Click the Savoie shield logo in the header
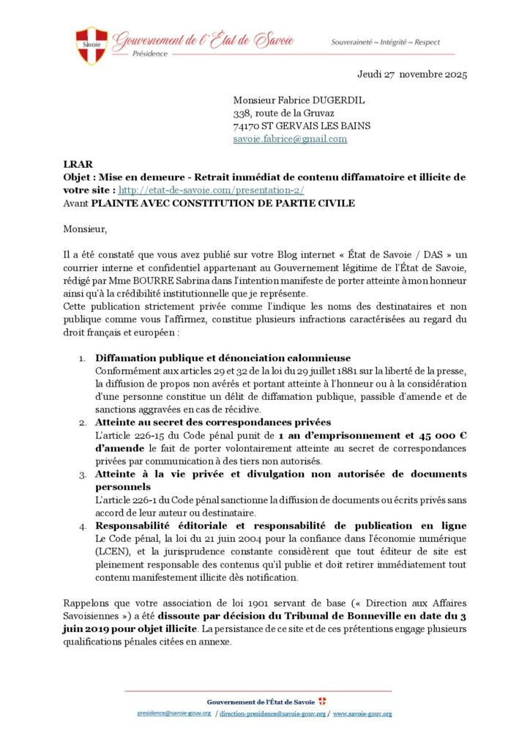[92, 45]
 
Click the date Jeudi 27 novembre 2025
[412, 74]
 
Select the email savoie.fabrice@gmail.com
[290, 138]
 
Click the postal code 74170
[247, 125]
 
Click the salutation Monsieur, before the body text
[85, 229]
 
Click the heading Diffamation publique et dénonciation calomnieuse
[223, 358]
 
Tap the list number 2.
[83, 423]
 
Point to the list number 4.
[83, 526]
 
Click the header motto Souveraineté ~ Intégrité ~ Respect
[386, 42]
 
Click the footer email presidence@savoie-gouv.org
[174, 713]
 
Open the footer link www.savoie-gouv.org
[362, 713]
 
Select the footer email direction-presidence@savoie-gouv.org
[272, 713]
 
